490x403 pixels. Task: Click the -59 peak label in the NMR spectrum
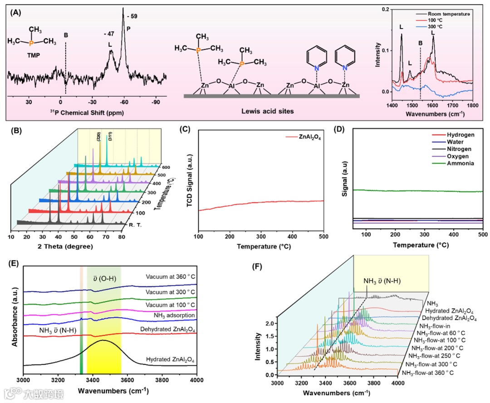tap(132, 17)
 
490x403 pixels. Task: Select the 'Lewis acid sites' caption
tap(271, 111)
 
